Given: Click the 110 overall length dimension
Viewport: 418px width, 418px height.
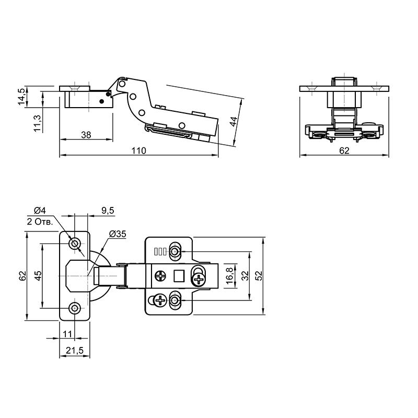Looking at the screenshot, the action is (138, 150).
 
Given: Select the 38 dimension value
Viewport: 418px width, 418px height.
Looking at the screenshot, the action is (86, 135).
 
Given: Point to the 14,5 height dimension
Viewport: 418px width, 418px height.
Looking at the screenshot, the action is (22, 96).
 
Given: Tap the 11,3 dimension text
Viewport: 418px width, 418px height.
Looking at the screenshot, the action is (37, 123).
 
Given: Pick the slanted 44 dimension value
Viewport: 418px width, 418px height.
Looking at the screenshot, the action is (233, 122).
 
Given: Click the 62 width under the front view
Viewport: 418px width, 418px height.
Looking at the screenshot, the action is (344, 150).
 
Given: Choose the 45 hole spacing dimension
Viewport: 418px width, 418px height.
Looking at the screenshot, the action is (38, 276).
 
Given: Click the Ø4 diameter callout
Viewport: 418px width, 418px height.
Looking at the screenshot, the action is (40, 211).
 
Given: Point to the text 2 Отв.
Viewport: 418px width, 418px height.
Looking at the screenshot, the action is (40, 222).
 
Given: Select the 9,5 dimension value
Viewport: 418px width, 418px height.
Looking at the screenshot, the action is (108, 211).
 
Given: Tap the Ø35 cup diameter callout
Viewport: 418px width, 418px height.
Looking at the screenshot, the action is (118, 234).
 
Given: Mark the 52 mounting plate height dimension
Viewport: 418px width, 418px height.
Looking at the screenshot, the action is (259, 276).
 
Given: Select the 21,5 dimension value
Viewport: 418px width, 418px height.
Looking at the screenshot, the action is (75, 350).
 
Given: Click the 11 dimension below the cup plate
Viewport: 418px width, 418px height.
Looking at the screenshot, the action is (67, 334).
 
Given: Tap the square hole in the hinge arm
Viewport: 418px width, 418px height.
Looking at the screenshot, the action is (179, 276).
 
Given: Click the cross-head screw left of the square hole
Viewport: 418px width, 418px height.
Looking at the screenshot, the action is (160, 276).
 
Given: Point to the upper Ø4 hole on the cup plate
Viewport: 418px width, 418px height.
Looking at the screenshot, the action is (75, 243).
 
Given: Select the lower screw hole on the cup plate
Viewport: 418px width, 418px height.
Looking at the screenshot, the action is (75, 308).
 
